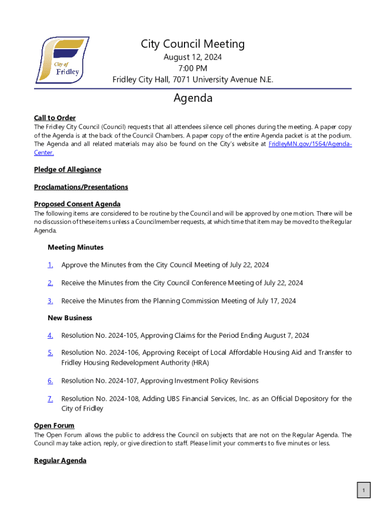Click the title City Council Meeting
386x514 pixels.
click(x=192, y=44)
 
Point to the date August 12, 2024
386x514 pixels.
click(x=192, y=57)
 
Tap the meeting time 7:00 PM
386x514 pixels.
click(x=192, y=68)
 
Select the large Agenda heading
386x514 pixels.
click(x=193, y=98)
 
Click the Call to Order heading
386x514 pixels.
click(x=55, y=118)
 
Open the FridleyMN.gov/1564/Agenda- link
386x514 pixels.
click(x=310, y=144)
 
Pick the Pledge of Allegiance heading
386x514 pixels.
click(x=67, y=170)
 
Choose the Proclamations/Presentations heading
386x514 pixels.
click(x=81, y=187)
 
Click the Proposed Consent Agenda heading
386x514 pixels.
click(x=77, y=204)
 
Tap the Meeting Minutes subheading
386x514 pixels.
click(x=75, y=247)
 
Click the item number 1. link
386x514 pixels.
click(x=50, y=265)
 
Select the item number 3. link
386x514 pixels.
click(x=50, y=301)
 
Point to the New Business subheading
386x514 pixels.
click(x=70, y=318)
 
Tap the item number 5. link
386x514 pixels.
click(x=50, y=353)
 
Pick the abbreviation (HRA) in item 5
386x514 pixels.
click(x=200, y=362)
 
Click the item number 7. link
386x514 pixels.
click(x=50, y=399)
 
